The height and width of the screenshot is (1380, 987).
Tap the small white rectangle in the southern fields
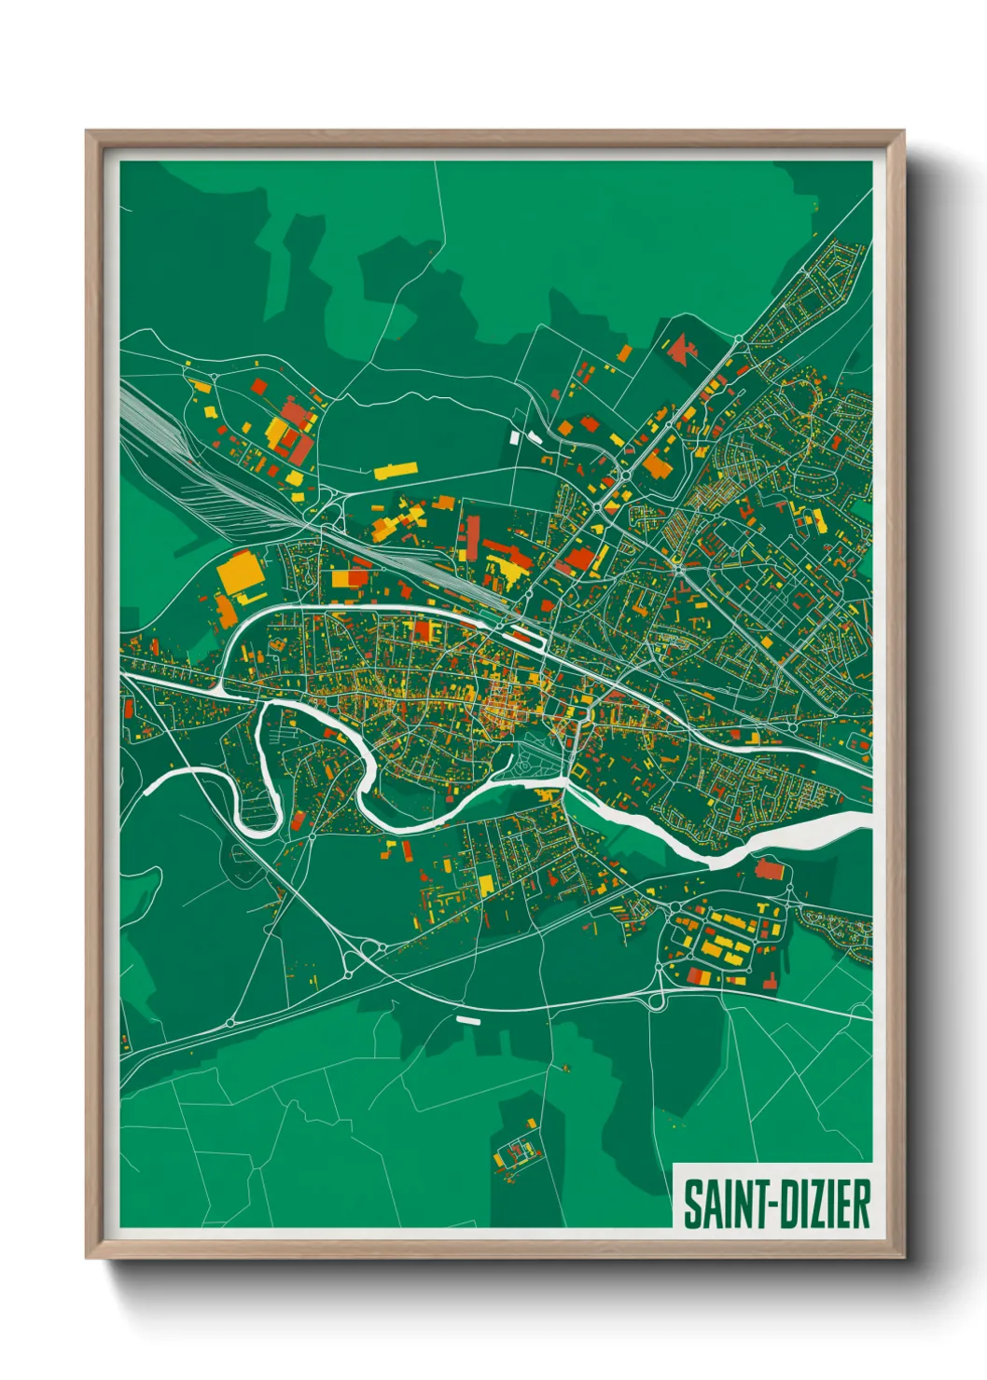467,1019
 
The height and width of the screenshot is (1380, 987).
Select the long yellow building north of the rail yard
396,469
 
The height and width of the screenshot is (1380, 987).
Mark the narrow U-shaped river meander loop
260,774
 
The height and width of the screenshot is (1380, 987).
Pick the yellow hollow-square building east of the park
580,771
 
